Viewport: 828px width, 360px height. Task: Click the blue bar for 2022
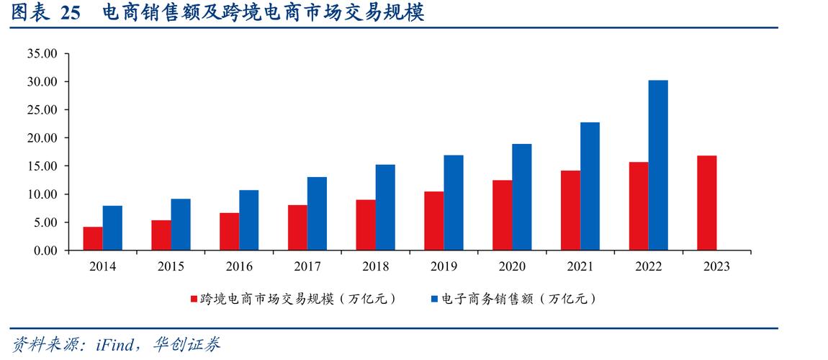pos(658,166)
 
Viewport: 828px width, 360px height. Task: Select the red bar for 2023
pos(706,203)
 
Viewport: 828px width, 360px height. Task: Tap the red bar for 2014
pos(93,238)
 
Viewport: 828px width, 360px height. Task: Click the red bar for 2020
pos(503,215)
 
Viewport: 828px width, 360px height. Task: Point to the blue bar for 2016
pos(248,220)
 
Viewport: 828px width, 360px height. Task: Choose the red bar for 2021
pos(571,210)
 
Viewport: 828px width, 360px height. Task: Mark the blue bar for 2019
pos(454,203)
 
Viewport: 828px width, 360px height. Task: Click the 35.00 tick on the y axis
pos(41,53)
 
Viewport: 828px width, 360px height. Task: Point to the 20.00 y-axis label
pos(41,138)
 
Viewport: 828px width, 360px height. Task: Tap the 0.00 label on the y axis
pos(44,251)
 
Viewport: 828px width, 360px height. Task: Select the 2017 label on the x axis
pos(307,266)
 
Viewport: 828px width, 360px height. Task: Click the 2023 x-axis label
pos(716,266)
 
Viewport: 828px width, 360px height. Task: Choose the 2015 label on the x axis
pos(171,266)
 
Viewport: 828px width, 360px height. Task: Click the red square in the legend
pos(193,299)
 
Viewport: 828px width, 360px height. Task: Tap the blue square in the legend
pos(434,299)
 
